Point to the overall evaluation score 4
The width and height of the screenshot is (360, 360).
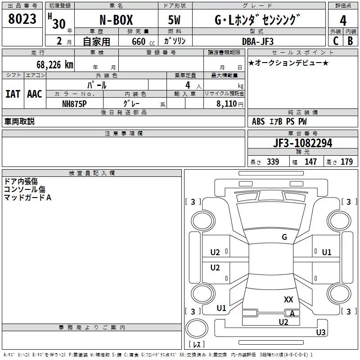click(343, 20)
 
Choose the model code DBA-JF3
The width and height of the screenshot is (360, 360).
click(257, 41)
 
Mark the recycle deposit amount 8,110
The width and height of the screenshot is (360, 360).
click(227, 103)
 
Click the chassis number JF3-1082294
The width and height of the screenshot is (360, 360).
click(302, 143)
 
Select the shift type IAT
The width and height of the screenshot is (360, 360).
click(13, 94)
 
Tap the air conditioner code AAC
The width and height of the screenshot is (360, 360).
click(35, 94)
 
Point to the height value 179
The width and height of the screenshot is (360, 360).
click(346, 162)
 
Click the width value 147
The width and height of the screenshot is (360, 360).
click(310, 162)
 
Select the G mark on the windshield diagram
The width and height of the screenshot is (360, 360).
click(284, 237)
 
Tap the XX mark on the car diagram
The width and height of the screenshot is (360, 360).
click(288, 299)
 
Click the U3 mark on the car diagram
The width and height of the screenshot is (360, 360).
click(320, 333)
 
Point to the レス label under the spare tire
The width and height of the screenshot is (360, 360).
click(196, 344)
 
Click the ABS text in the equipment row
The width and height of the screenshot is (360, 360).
click(258, 121)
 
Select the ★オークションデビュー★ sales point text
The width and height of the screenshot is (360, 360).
click(288, 63)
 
